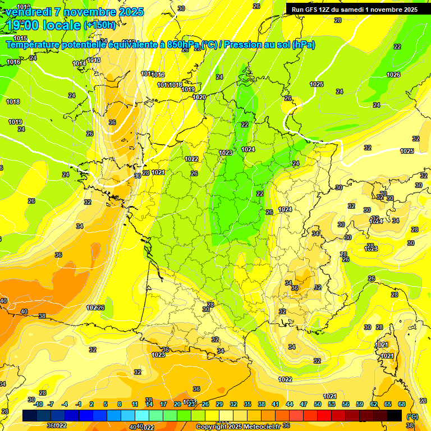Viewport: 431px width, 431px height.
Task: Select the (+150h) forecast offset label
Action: click(99, 25)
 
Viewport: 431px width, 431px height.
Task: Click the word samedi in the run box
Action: click(352, 10)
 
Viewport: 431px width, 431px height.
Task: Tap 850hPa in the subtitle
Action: click(184, 45)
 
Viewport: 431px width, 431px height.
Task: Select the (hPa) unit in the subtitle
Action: click(304, 45)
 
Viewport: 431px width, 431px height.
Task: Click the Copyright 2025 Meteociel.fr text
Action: click(238, 427)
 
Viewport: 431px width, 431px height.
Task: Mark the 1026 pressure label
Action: click(393, 75)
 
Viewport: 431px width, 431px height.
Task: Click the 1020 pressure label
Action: click(199, 97)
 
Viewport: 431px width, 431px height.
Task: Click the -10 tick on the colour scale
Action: click(38, 404)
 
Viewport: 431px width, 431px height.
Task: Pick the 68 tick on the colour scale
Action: click(402, 404)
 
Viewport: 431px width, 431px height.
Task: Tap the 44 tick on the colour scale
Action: click(289, 404)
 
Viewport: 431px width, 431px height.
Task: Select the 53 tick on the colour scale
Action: click(331, 404)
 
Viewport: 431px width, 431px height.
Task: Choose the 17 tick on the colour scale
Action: click(163, 404)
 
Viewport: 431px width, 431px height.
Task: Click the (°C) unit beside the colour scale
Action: click(412, 416)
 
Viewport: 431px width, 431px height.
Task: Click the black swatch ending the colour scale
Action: click(395, 415)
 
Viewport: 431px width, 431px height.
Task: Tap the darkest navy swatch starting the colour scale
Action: click(30, 415)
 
